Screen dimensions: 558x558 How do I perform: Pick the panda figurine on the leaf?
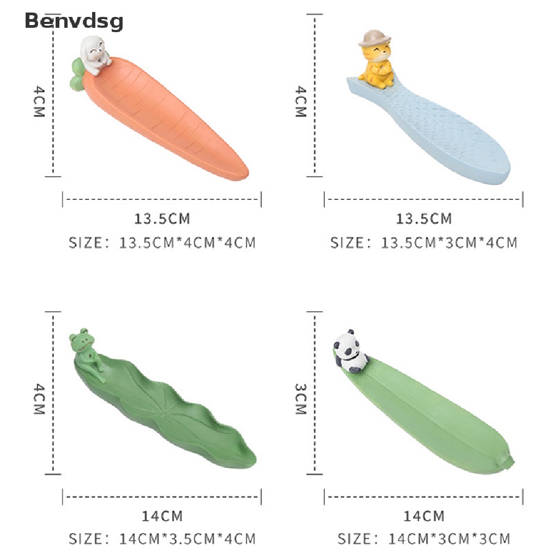coord(349,352)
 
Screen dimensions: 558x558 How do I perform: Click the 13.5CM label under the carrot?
coord(162,219)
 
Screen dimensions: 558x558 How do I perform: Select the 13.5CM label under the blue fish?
coord(423,219)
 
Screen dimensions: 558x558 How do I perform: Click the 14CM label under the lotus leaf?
coord(162,515)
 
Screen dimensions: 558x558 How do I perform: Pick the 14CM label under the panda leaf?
coord(423,515)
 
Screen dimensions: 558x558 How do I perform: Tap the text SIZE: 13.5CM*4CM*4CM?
coord(162,242)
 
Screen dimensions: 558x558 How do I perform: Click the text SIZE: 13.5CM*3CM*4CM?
coord(423,242)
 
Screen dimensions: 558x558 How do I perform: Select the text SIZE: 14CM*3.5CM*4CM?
coord(162,539)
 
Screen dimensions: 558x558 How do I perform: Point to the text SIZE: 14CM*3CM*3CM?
coord(423,539)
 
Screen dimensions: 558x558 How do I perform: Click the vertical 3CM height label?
coord(301,399)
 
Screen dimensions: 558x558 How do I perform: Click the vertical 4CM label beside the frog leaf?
coord(39,399)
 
